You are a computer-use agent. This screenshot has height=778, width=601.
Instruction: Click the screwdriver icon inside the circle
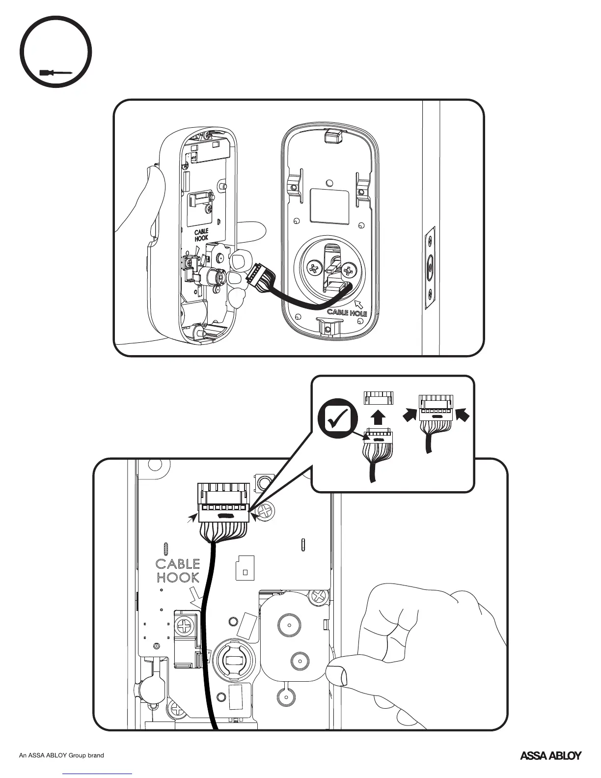click(55, 73)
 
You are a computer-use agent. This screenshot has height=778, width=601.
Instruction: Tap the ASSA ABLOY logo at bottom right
click(550, 755)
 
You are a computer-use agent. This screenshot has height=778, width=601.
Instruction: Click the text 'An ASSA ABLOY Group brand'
click(61, 755)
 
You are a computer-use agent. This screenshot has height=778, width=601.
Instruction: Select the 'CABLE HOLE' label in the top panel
click(347, 312)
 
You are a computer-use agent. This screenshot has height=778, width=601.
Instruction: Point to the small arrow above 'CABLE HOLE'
click(359, 305)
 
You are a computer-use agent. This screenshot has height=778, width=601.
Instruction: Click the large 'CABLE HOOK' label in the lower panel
click(178, 570)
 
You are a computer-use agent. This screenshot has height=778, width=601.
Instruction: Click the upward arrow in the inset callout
click(377, 418)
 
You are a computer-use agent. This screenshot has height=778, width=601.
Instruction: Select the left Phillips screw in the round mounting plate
click(313, 269)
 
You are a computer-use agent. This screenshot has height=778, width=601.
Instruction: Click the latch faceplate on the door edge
click(429, 268)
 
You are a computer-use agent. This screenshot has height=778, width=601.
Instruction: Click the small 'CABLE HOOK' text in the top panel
click(201, 234)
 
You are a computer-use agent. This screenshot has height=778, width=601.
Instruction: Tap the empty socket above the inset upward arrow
click(379, 398)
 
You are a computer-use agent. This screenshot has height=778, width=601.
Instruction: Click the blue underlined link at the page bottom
click(98, 774)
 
